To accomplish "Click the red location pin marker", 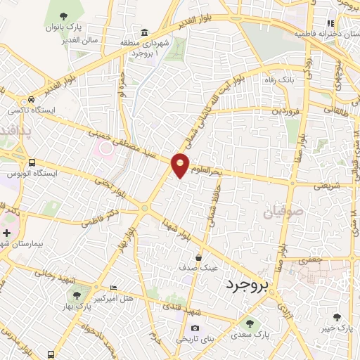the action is (x=181, y=165).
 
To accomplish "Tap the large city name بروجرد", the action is (x=247, y=285).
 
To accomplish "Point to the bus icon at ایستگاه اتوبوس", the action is (x=32, y=162).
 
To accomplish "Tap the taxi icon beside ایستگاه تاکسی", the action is (x=32, y=101).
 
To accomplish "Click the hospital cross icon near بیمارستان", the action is (x=6, y=232).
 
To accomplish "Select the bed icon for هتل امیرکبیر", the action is (x=114, y=289).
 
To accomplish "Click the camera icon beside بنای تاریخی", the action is (x=195, y=328).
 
